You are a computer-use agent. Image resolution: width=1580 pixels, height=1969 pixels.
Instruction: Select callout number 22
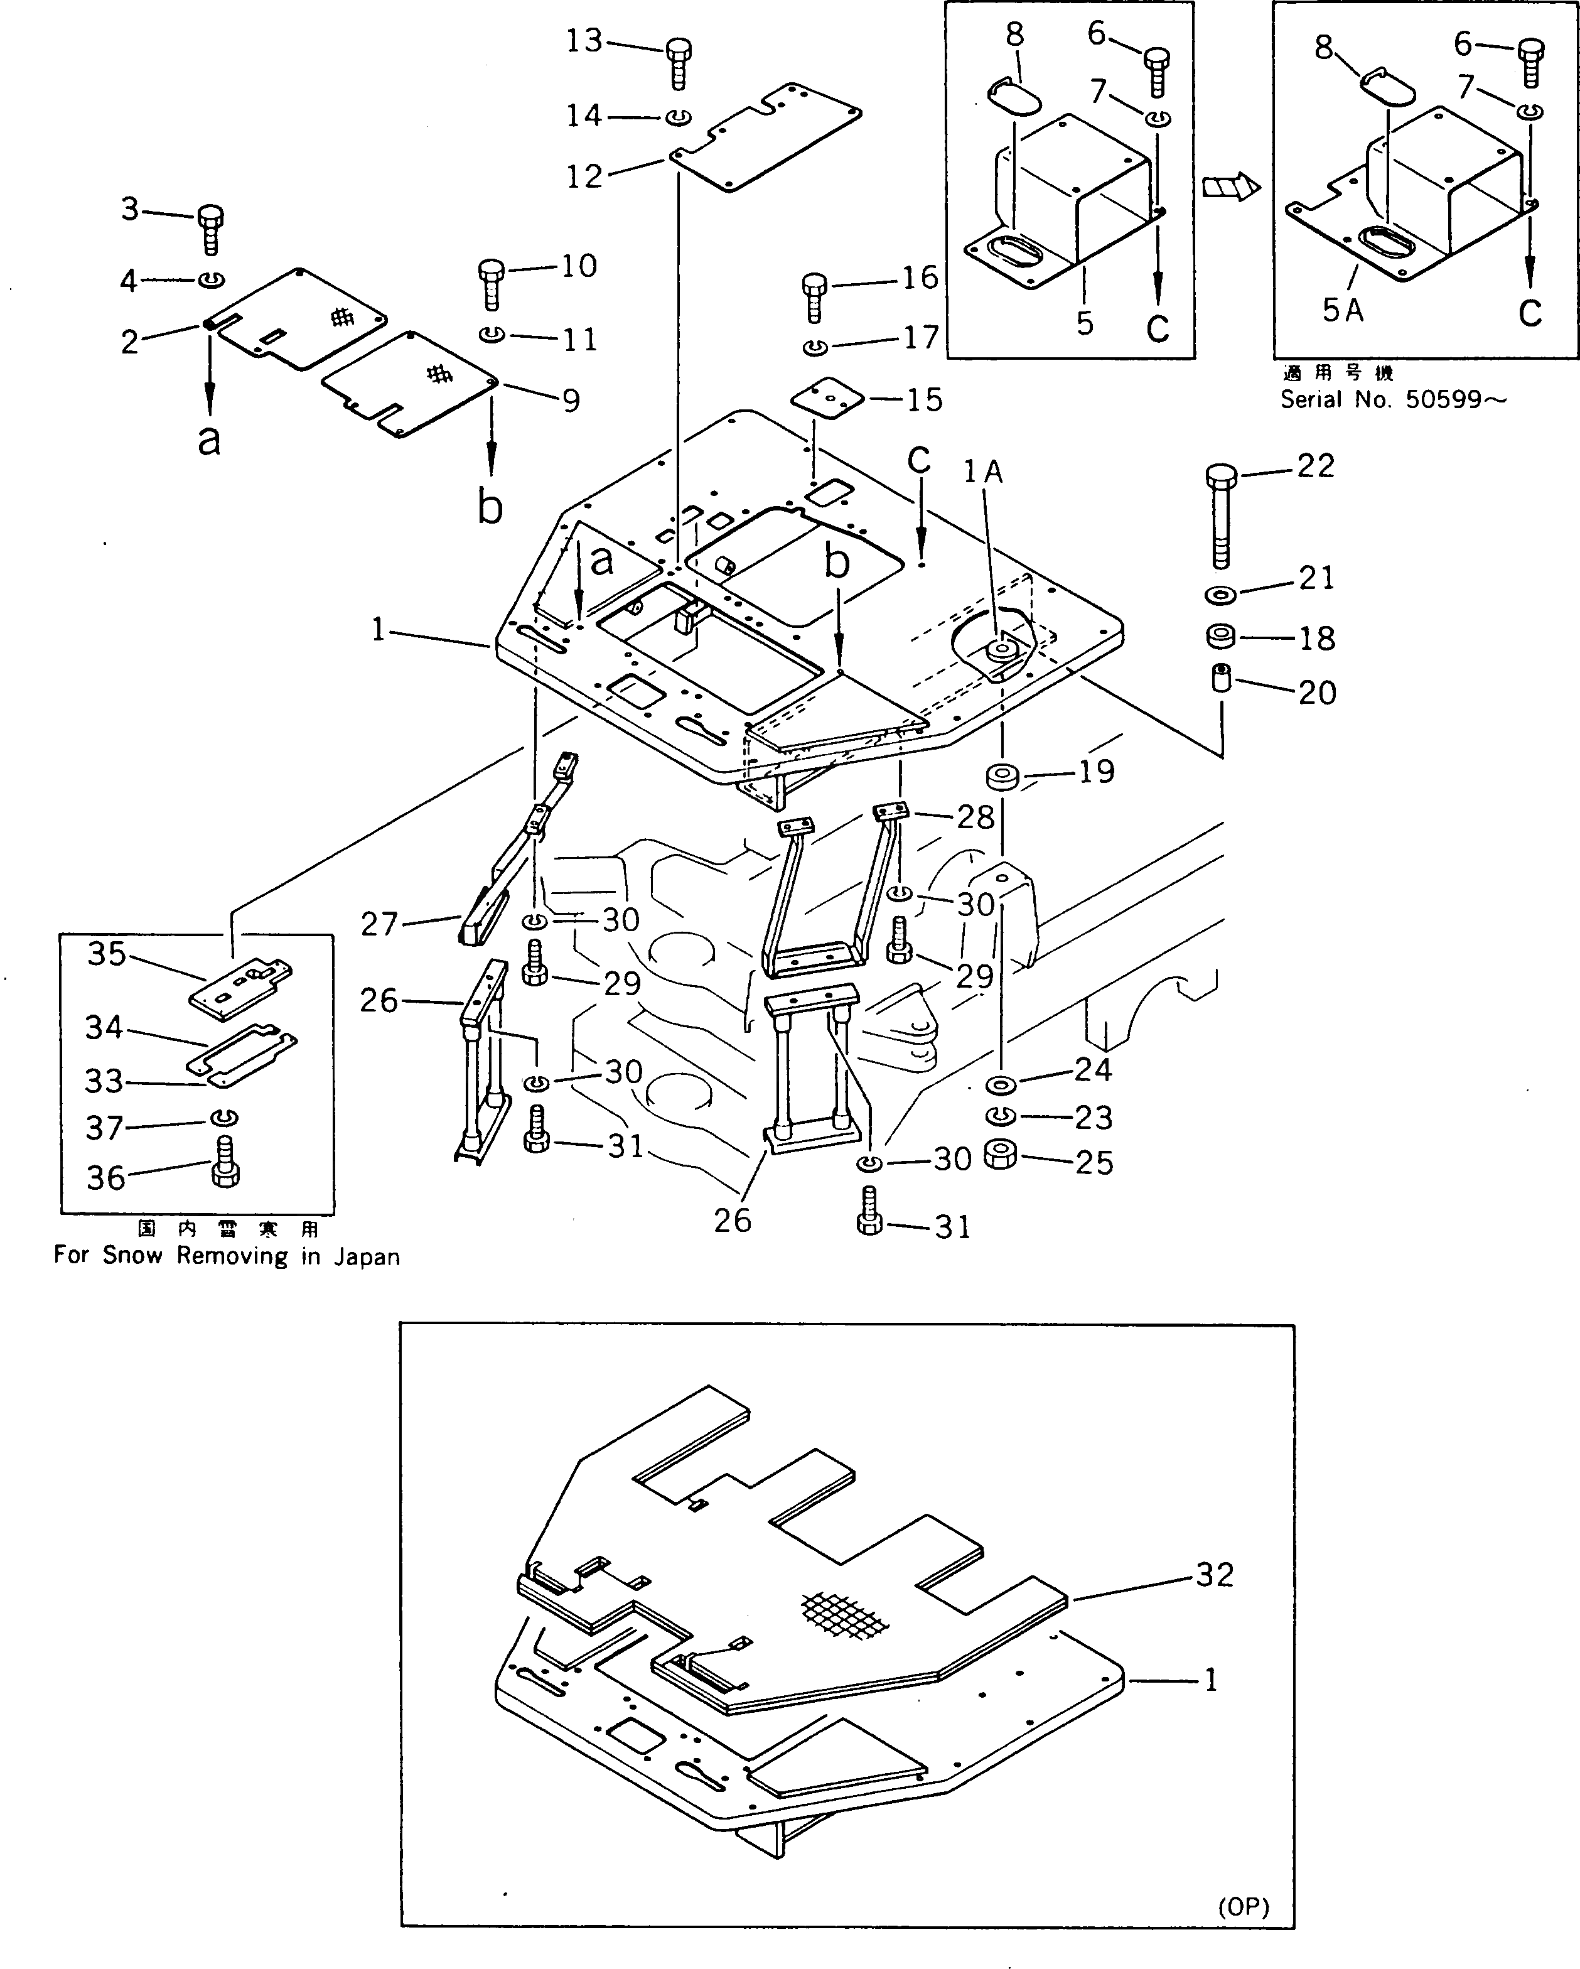tap(1316, 466)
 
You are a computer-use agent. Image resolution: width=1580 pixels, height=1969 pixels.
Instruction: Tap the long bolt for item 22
tap(1221, 516)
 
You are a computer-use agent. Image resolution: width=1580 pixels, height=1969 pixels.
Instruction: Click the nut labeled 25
tap(1002, 1155)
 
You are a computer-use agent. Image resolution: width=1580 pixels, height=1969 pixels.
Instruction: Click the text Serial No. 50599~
tap(1393, 399)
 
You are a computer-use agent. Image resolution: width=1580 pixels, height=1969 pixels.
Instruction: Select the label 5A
tap(1343, 311)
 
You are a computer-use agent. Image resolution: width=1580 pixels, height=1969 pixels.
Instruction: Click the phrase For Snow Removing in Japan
tap(227, 1256)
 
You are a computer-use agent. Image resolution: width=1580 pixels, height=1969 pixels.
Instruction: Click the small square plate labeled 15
tap(827, 399)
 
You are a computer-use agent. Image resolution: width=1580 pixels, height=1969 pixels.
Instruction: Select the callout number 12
tap(584, 175)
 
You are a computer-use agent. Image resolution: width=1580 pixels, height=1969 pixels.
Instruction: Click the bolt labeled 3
tap(210, 229)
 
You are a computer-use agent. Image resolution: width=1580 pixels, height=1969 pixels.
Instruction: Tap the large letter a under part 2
tap(209, 440)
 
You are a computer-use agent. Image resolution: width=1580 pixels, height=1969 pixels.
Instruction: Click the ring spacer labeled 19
tap(1002, 777)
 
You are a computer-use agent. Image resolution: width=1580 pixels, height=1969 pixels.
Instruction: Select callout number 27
tap(379, 924)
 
